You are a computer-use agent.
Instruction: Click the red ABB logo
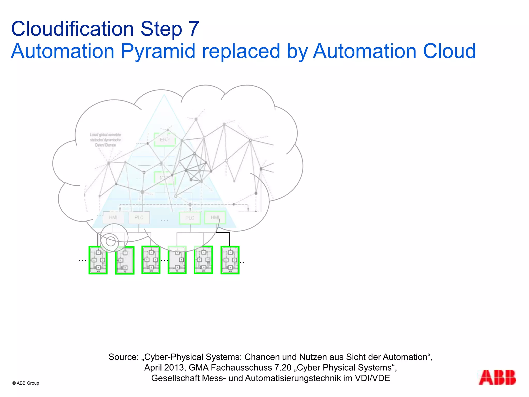tap(497, 378)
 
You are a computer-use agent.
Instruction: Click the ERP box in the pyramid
tap(165, 140)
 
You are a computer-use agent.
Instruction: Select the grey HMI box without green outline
tap(113, 218)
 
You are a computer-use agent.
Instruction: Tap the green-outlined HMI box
tap(215, 217)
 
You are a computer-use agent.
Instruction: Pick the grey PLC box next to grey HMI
tap(139, 218)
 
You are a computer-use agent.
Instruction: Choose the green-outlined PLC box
tap(190, 218)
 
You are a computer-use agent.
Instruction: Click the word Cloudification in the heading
tap(72, 29)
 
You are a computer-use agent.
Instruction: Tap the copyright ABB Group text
tap(26, 383)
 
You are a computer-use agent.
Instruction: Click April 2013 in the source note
tap(164, 368)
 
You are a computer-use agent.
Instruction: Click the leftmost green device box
tap(98, 260)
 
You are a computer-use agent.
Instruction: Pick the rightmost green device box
tap(230, 260)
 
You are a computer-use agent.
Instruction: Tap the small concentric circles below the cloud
tap(111, 241)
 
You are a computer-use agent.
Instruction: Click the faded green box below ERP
tap(165, 178)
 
